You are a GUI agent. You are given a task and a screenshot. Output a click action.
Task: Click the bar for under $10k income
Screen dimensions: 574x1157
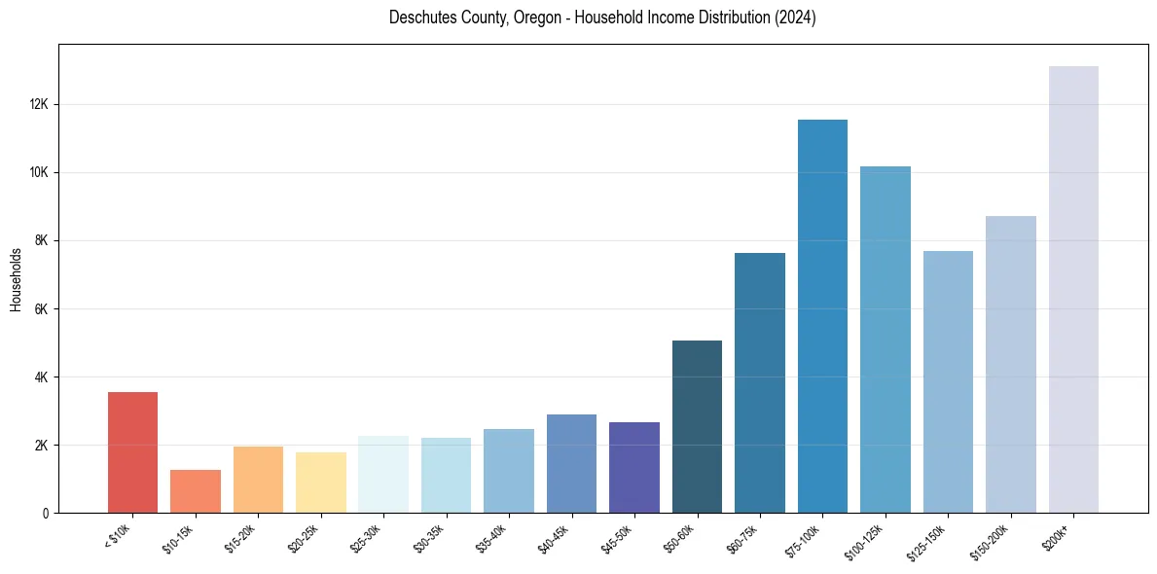(132, 452)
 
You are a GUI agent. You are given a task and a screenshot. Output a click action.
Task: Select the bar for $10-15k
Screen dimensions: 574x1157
(196, 491)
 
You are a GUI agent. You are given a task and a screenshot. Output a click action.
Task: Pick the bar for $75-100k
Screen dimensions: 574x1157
(822, 316)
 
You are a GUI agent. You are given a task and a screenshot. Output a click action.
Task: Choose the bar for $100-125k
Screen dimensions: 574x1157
(886, 340)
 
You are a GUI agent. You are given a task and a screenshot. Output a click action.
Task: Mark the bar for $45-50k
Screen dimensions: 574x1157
(634, 467)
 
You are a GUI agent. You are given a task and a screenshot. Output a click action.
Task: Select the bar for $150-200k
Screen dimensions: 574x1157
(1011, 365)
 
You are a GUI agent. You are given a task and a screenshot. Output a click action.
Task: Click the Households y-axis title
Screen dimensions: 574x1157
(16, 279)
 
